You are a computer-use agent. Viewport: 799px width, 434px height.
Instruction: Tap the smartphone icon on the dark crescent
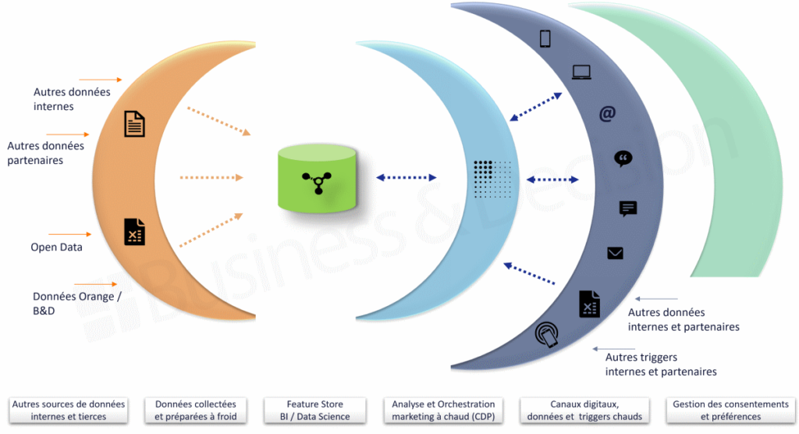[x=545, y=38]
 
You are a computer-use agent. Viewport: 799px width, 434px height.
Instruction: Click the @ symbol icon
[x=607, y=114]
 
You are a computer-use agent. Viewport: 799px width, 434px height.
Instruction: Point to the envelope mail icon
[x=616, y=253]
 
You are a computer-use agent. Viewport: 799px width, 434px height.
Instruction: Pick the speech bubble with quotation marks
[x=623, y=159]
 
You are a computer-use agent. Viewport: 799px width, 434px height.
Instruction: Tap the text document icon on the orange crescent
[x=134, y=123]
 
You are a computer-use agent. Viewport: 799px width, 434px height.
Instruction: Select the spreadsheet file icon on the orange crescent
[x=134, y=233]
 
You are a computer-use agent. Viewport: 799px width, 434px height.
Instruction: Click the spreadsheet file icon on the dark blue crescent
[x=590, y=304]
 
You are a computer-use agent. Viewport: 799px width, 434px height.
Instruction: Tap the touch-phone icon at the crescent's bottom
[x=546, y=335]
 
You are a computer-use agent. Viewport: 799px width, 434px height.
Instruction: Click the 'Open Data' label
[x=56, y=247]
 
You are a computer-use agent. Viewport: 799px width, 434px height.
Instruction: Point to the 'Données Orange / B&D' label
[x=76, y=303]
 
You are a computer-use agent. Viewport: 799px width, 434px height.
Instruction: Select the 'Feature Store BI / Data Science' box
[x=314, y=411]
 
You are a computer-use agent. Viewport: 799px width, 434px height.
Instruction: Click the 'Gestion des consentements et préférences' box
[x=730, y=411]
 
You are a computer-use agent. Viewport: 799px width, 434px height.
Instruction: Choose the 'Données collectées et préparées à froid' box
[x=195, y=411]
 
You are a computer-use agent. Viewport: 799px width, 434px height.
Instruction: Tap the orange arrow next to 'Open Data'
[x=70, y=233]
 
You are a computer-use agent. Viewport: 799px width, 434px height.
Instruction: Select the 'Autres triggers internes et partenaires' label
[x=660, y=365]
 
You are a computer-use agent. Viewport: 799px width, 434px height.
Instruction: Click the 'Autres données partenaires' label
[x=46, y=153]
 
